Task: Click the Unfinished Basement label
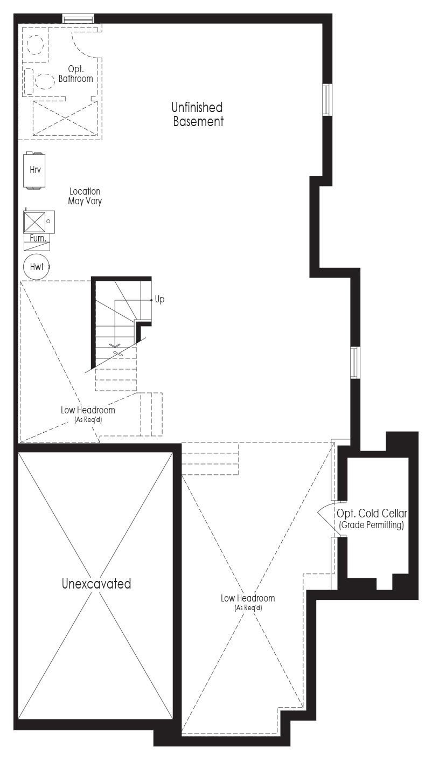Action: (197, 114)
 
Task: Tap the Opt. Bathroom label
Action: (76, 74)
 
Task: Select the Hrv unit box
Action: (34, 170)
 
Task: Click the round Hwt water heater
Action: (36, 267)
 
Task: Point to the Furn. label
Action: (38, 238)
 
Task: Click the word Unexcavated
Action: (96, 584)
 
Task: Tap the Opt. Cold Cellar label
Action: (372, 513)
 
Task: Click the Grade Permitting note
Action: (372, 525)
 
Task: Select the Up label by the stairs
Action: (159, 299)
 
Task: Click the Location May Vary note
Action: (85, 196)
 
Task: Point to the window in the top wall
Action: (79, 18)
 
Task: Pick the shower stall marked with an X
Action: (65, 117)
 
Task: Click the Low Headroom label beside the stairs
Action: (88, 410)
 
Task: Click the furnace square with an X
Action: (34, 222)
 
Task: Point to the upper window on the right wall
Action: (327, 100)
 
